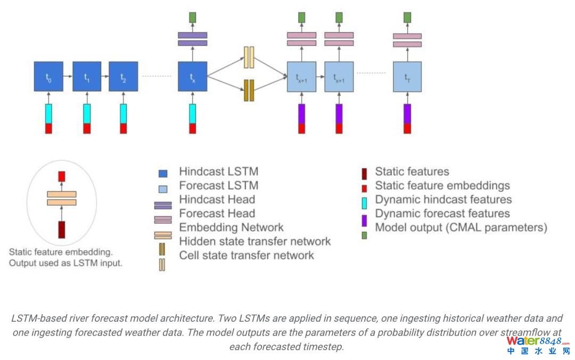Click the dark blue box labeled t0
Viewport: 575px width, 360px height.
pos(48,77)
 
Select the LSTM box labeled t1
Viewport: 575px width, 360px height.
pos(86,77)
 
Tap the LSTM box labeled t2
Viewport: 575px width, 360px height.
pos(123,77)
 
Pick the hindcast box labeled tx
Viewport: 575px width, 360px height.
pos(192,77)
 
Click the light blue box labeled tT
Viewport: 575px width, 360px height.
pos(407,77)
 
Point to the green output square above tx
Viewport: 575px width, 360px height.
pos(192,17)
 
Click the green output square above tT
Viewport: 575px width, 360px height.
pos(407,17)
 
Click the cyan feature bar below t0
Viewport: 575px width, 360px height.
pos(48,113)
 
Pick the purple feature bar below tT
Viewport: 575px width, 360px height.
pos(407,113)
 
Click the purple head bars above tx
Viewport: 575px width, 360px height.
pos(192,39)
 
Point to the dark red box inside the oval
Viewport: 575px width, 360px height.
pos(61,230)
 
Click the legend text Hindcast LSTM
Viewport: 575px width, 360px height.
pos(218,172)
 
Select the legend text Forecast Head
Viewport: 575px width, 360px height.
pos(217,214)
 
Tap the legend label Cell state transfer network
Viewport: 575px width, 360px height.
pos(247,255)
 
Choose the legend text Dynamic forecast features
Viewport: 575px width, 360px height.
pos(442,214)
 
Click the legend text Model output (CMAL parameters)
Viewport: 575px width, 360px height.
pos(461,227)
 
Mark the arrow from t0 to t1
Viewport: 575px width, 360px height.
pos(68,77)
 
